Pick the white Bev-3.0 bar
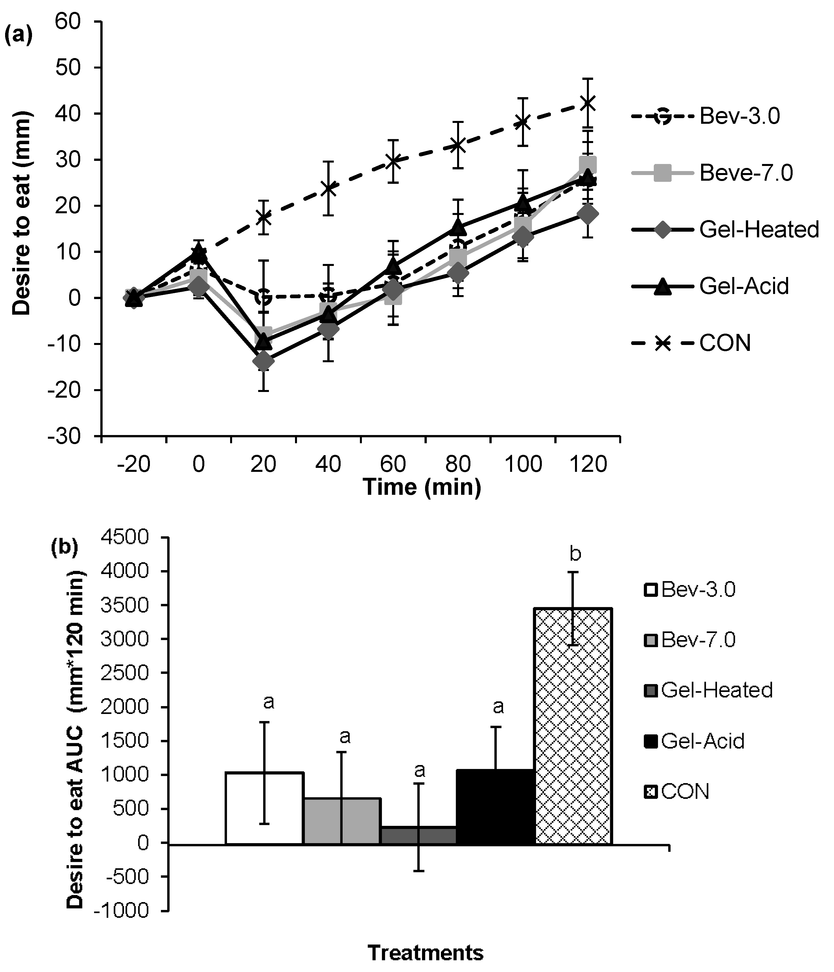[264, 807]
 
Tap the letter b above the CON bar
[575, 554]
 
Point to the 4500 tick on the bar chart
[124, 538]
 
